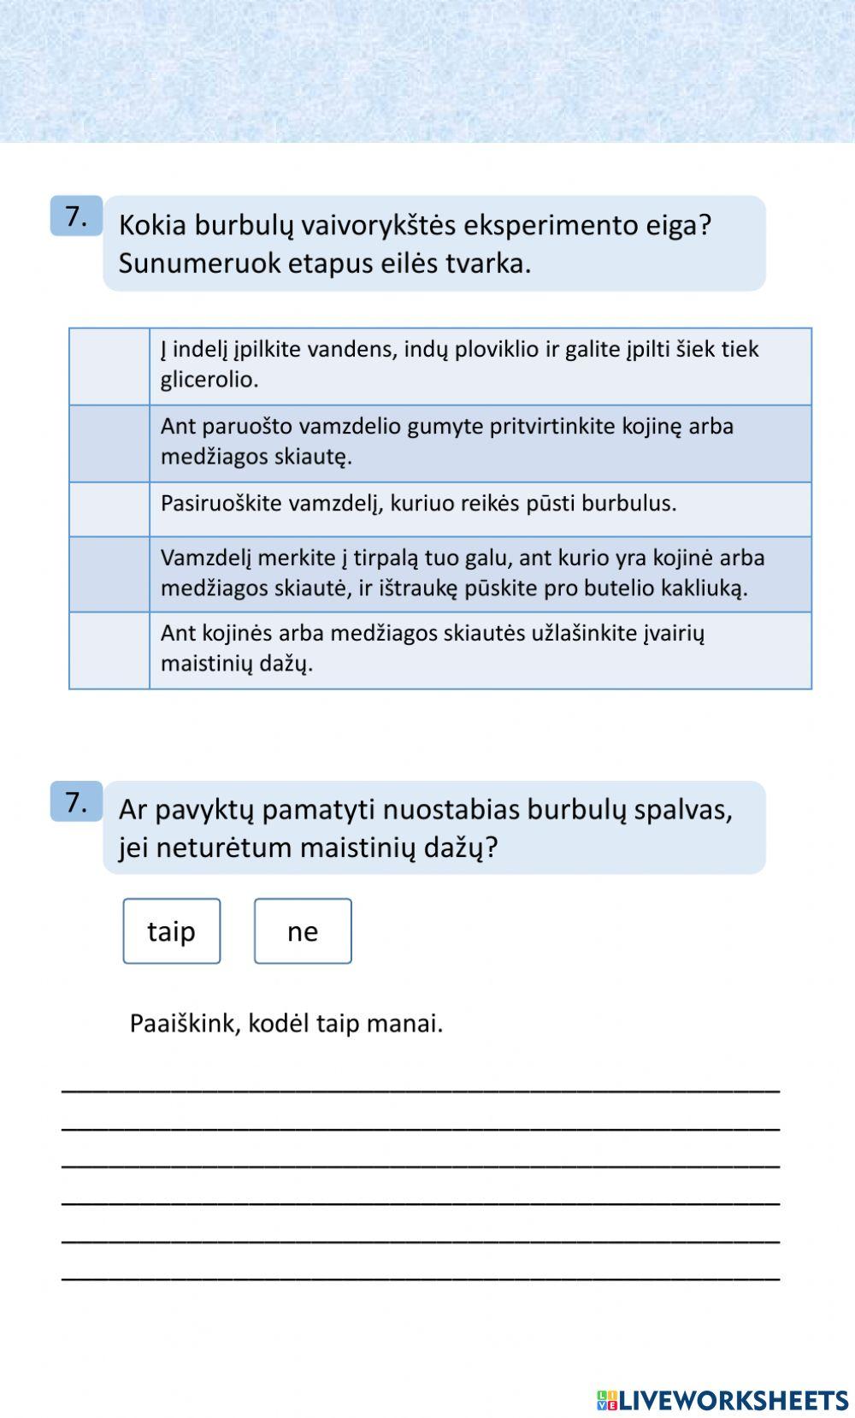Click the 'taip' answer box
(x=172, y=931)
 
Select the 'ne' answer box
(x=303, y=931)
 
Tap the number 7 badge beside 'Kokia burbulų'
(x=76, y=216)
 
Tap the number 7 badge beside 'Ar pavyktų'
(x=76, y=802)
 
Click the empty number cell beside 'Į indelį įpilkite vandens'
(x=109, y=366)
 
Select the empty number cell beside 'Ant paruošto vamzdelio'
(x=109, y=443)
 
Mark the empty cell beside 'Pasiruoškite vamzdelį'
(x=109, y=510)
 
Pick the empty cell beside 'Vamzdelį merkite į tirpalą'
(x=109, y=574)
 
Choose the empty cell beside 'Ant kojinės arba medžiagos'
(x=109, y=650)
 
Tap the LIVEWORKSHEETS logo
(x=722, y=1399)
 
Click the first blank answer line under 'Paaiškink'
(x=421, y=1088)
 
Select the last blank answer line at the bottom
(x=421, y=1278)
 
